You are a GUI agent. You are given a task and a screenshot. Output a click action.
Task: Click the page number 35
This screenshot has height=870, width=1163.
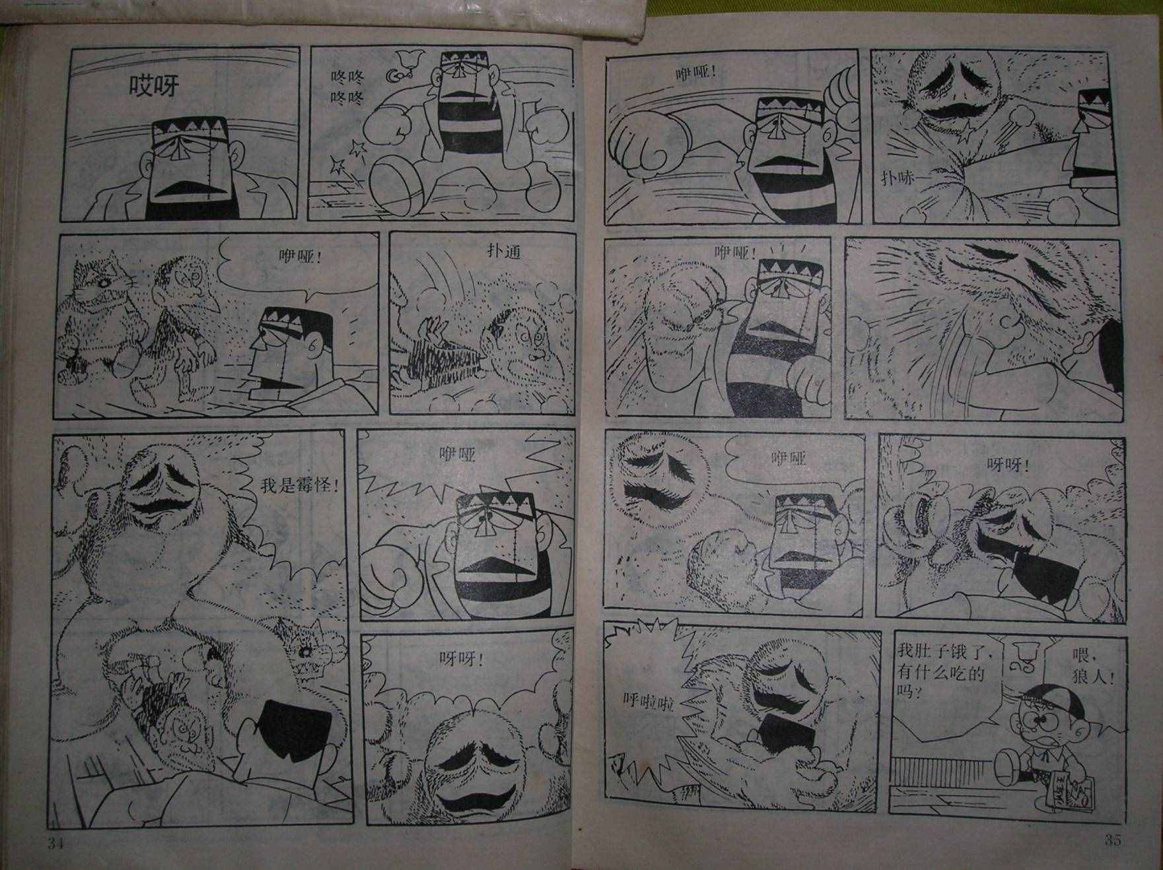1113,840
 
